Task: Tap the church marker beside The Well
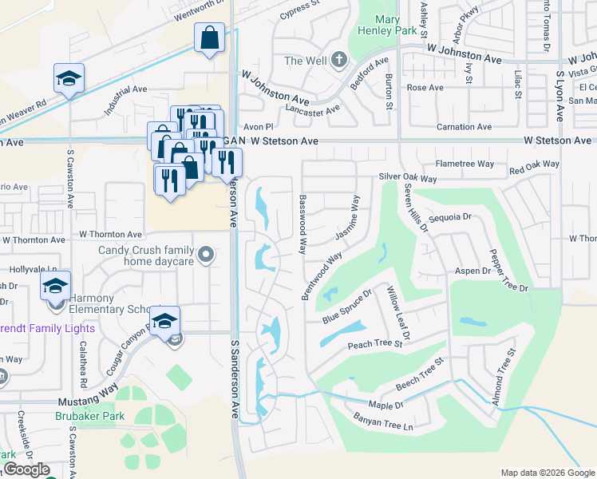(x=338, y=60)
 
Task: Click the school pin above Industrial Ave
(x=69, y=80)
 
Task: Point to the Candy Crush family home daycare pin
(x=207, y=255)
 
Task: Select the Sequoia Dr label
(x=451, y=216)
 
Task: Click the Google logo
(x=26, y=469)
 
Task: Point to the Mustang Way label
(x=88, y=405)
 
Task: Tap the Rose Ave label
(x=425, y=88)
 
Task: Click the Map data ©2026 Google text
(x=547, y=473)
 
